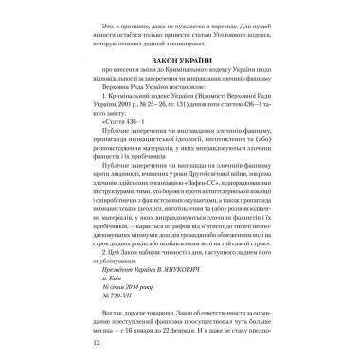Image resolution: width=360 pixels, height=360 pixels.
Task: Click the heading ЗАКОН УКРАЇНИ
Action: [x=181, y=71]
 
